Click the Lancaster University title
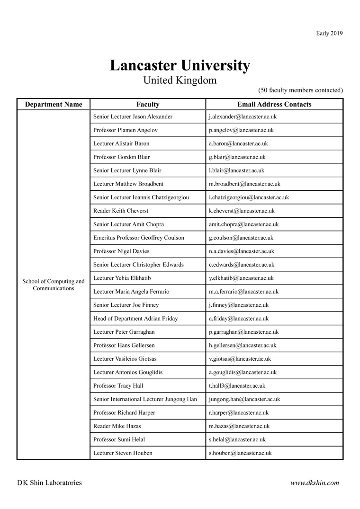pos(180,66)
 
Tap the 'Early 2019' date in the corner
pos(329,33)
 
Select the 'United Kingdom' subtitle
pos(180,80)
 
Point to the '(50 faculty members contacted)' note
pos(300,90)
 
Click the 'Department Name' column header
pos(54,105)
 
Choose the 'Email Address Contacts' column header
pos(274,105)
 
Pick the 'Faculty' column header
pos(148,105)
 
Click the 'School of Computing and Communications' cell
pos(54,285)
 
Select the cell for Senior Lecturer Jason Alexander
pos(133,116)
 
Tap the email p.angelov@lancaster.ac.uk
pos(241,130)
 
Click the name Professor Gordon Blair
pos(122,157)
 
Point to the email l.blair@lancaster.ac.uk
pos(236,170)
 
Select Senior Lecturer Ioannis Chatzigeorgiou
pos(141,197)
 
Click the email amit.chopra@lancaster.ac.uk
pos(243,224)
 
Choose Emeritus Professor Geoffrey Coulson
pos(139,238)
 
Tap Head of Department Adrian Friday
pos(136,319)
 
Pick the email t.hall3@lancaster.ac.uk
pos(237,386)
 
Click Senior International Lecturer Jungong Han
pos(145,399)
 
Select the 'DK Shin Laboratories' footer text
pos(49,483)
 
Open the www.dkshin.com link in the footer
pos(315,483)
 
